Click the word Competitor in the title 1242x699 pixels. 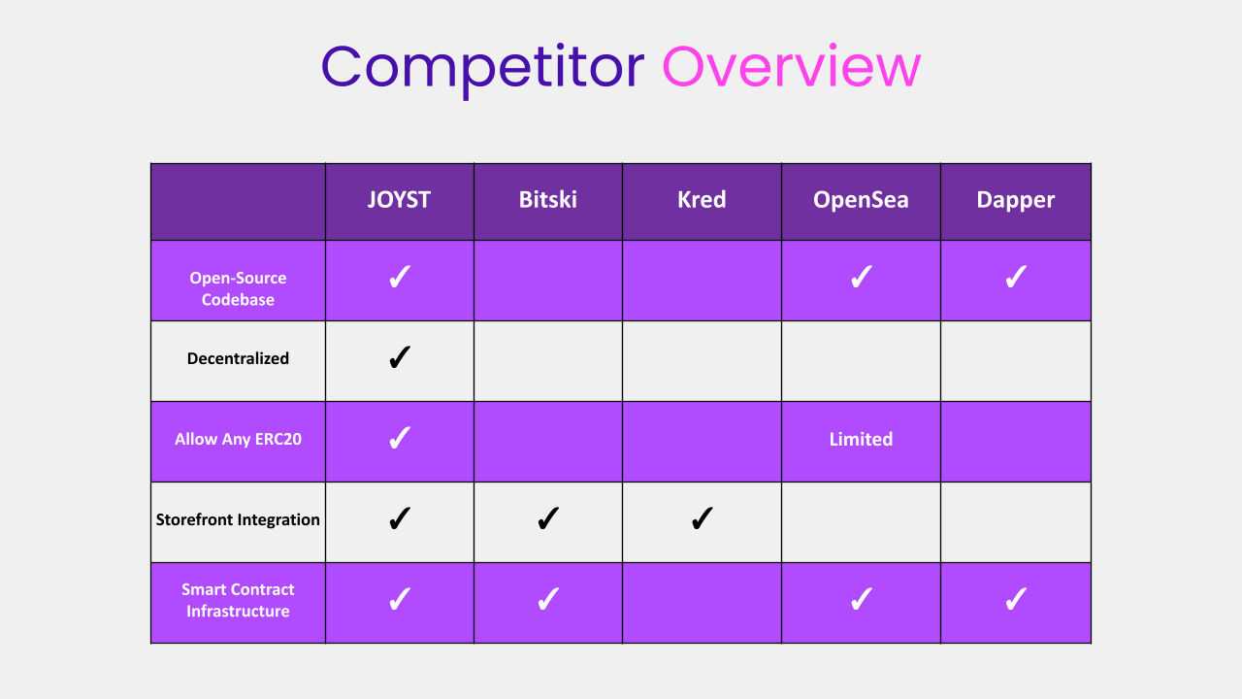point(482,69)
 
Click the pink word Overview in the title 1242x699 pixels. point(792,66)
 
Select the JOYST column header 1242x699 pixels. point(399,200)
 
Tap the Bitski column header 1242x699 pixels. point(548,200)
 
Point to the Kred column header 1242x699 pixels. point(702,200)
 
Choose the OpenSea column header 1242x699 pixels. point(861,200)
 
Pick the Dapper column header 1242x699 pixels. point(1015,200)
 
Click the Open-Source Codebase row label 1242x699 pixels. point(238,288)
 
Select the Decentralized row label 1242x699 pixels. point(238,358)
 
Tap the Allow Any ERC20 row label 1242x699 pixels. point(238,439)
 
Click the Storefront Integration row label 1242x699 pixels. point(238,519)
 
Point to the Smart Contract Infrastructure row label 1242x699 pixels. point(238,600)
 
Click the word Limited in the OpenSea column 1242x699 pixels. point(861,440)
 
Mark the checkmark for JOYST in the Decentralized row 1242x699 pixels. point(400,357)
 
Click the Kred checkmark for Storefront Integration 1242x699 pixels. point(702,518)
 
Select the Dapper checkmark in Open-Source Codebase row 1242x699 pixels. point(1016,277)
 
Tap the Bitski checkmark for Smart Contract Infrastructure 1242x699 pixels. point(548,599)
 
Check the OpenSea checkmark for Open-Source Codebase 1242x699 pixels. point(861,277)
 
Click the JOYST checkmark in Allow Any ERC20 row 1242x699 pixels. point(400,438)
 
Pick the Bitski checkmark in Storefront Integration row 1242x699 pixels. point(548,518)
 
